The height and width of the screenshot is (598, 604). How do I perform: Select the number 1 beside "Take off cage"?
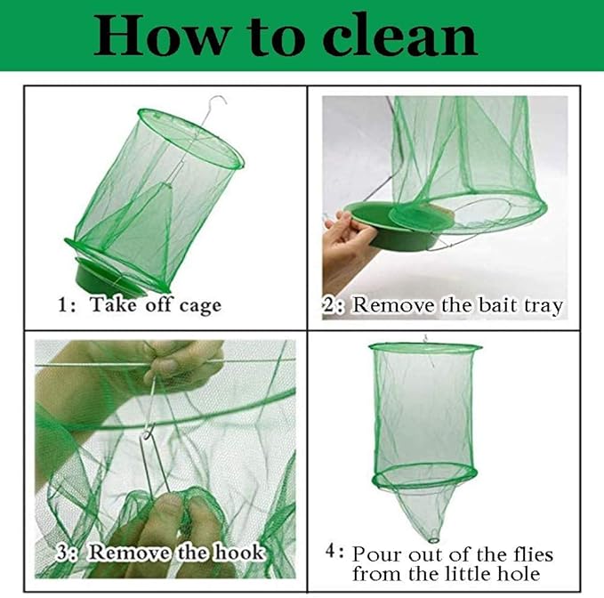[x=63, y=305]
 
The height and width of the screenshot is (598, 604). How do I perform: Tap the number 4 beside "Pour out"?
[x=334, y=552]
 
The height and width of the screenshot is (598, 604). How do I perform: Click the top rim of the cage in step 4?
[x=425, y=347]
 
